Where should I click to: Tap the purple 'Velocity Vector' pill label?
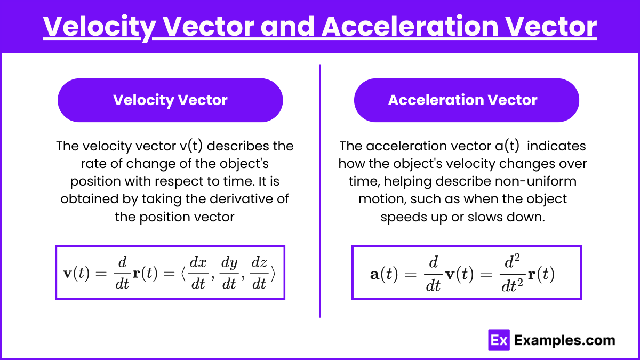(x=170, y=100)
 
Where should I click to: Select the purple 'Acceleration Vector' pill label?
(x=467, y=100)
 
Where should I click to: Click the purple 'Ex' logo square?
(x=499, y=340)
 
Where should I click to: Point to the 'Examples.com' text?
(x=565, y=340)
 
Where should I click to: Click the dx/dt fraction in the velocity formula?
(x=198, y=273)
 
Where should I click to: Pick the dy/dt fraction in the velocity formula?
(x=229, y=273)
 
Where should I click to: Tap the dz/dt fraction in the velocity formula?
(x=259, y=273)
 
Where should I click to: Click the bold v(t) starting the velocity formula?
(x=76, y=274)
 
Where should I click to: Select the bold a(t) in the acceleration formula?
(x=384, y=274)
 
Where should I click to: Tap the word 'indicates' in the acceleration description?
(x=556, y=146)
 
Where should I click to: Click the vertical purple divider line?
(x=320, y=191)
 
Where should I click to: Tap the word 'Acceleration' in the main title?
(x=410, y=27)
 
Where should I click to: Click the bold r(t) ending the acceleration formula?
(x=541, y=274)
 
